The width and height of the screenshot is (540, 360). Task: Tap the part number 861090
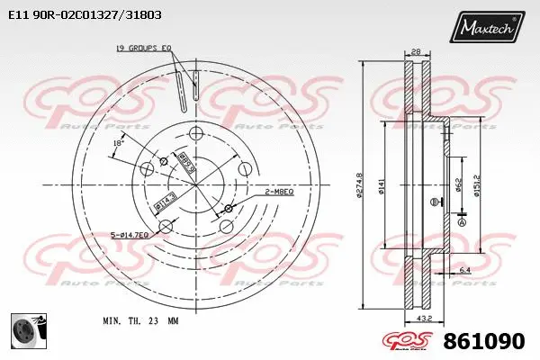(485, 342)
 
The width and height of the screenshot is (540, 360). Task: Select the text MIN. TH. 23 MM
(140, 320)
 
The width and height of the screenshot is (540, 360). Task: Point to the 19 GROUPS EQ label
(144, 47)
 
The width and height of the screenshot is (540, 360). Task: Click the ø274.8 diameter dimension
(360, 185)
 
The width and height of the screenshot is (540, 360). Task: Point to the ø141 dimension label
(383, 185)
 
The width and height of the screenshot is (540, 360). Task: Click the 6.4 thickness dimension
(465, 270)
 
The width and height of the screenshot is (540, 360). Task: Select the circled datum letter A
(463, 221)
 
